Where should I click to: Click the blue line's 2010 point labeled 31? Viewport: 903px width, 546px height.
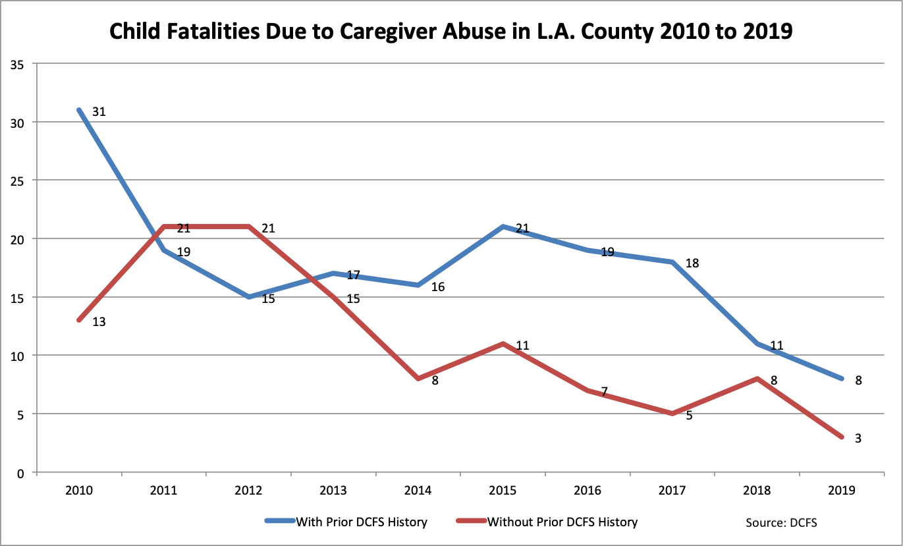click(79, 110)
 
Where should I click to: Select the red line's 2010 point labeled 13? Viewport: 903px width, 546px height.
click(79, 320)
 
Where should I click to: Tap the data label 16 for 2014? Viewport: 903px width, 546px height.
click(438, 287)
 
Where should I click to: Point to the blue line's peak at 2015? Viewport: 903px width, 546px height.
click(503, 227)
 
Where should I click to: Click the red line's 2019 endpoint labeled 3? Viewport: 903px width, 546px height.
click(842, 437)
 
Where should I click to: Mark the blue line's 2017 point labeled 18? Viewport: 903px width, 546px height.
click(672, 262)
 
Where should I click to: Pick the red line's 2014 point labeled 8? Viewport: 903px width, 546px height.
click(418, 379)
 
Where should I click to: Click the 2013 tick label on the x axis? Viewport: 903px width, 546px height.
click(333, 491)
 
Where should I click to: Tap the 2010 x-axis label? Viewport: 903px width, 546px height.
click(79, 491)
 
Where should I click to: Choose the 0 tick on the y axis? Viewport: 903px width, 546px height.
click(22, 472)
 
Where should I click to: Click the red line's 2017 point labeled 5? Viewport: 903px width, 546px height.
click(672, 414)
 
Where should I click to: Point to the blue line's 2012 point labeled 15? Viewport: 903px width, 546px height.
click(249, 297)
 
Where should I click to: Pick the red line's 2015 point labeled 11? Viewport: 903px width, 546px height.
click(503, 344)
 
